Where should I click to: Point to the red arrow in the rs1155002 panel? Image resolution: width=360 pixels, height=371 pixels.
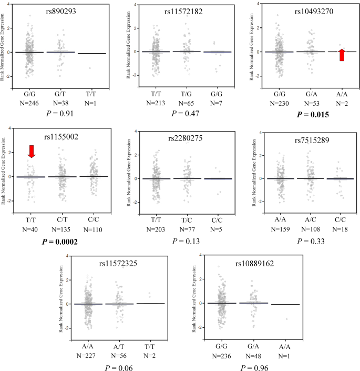click(32, 152)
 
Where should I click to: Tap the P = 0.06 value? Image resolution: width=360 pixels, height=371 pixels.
click(119, 367)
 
